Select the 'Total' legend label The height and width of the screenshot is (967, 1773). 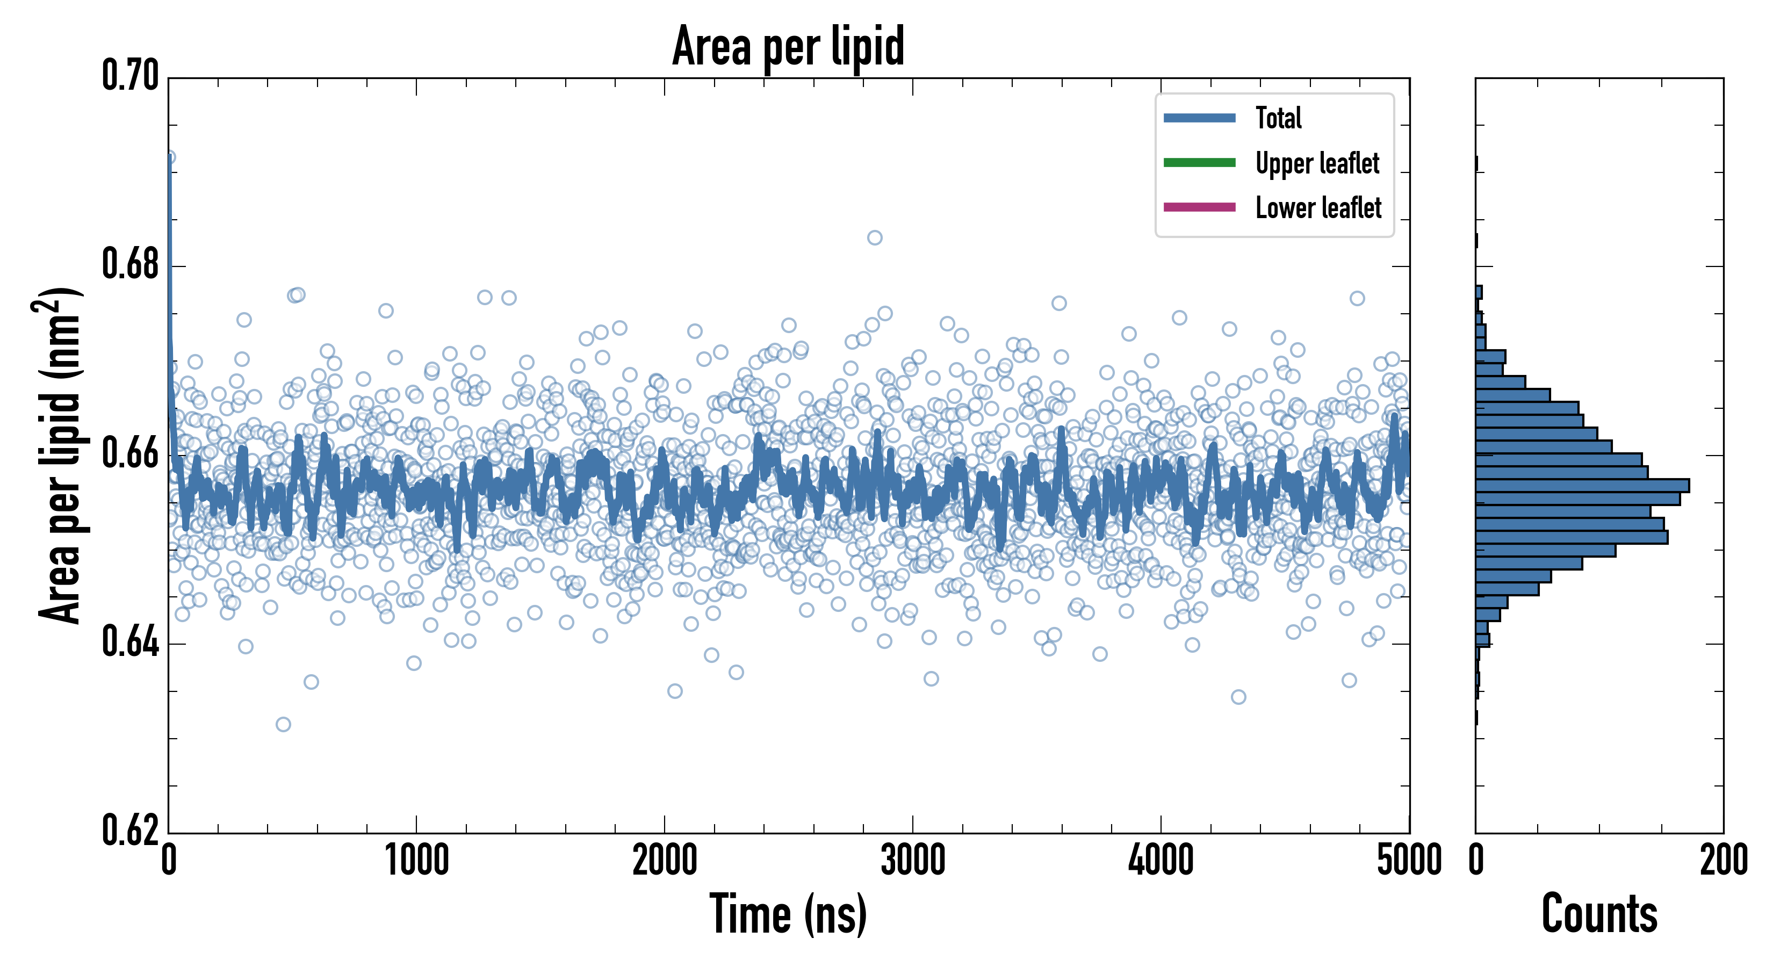point(1278,118)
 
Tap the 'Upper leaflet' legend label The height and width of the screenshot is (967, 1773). point(1317,163)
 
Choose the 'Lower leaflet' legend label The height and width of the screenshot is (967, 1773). point(1318,208)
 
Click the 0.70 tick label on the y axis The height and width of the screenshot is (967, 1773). point(130,76)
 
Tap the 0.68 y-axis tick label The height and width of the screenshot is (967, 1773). point(130,264)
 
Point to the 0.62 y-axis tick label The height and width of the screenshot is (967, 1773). point(130,831)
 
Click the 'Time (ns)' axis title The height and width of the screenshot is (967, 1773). point(788,914)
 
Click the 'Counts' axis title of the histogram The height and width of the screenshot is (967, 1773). point(1599,914)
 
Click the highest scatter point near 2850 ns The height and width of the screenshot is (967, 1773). point(875,238)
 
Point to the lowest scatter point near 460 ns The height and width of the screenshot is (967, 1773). point(283,724)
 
